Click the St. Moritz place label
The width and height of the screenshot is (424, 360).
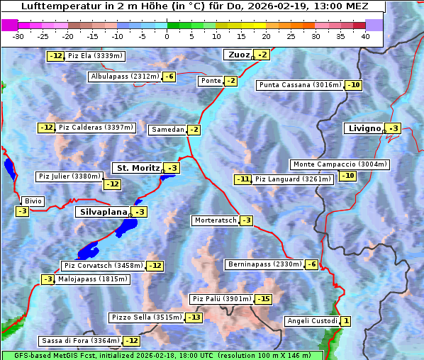(x=137, y=168)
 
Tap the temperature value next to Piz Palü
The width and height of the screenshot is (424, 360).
(x=263, y=299)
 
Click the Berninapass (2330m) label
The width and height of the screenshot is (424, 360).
(x=264, y=264)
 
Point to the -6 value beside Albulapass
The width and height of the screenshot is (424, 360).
(x=169, y=77)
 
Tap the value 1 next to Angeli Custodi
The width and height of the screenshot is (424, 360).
(x=345, y=321)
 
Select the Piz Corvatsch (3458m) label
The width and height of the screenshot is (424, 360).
(x=103, y=266)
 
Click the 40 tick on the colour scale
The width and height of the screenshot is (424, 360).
(x=365, y=36)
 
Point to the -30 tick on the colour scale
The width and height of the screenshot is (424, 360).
(x=19, y=36)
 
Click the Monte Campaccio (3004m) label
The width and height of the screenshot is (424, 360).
(x=340, y=164)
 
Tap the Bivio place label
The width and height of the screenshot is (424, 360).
(x=33, y=201)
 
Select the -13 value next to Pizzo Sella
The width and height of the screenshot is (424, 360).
(x=194, y=317)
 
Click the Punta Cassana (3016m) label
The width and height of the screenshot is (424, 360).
(x=300, y=85)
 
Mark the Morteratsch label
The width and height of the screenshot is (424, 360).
(x=215, y=220)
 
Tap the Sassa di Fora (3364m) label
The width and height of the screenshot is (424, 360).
(x=79, y=341)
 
